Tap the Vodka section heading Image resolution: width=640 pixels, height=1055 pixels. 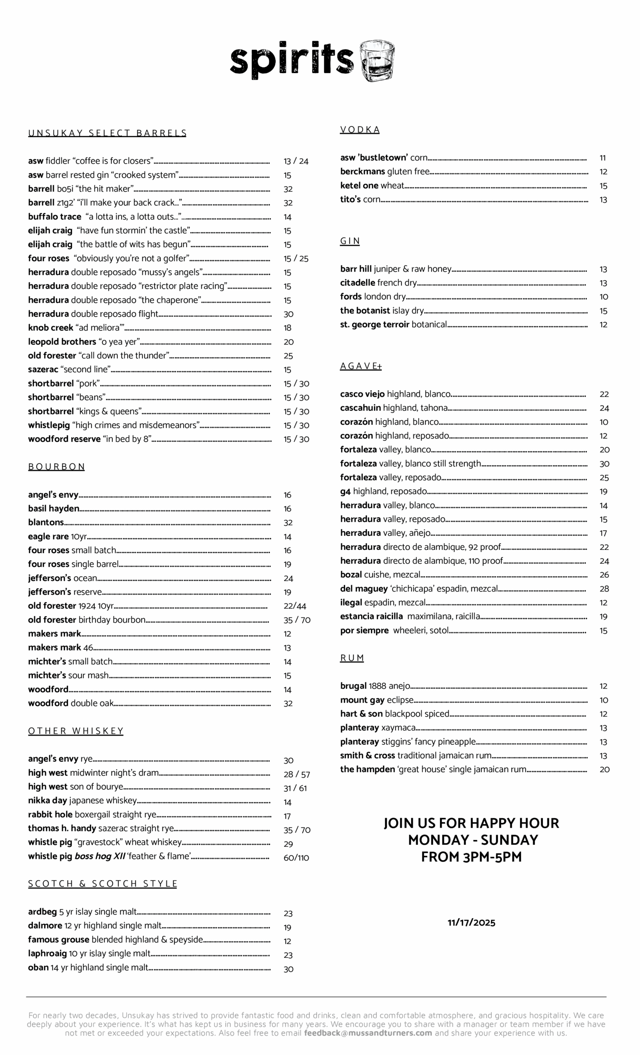point(360,130)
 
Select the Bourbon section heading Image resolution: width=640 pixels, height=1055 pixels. point(56,467)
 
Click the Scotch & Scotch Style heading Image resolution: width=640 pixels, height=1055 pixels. point(102,884)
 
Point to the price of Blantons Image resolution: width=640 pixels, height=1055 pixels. point(288,523)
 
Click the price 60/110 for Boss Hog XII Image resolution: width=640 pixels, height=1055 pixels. point(296,858)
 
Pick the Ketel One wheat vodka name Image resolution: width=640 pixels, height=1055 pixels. point(372,185)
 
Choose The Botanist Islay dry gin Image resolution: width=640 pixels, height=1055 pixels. point(382,310)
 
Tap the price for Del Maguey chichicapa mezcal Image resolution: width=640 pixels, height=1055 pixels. point(604,589)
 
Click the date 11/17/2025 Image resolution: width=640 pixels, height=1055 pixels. point(471,922)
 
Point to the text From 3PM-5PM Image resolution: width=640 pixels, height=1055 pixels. point(471,857)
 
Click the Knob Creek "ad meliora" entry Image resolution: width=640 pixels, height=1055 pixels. point(76,328)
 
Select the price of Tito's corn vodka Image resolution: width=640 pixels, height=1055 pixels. point(603,199)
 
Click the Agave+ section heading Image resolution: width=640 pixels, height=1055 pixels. point(361,366)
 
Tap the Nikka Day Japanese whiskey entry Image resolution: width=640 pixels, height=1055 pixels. point(82,800)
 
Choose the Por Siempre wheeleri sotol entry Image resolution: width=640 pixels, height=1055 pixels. point(394,630)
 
